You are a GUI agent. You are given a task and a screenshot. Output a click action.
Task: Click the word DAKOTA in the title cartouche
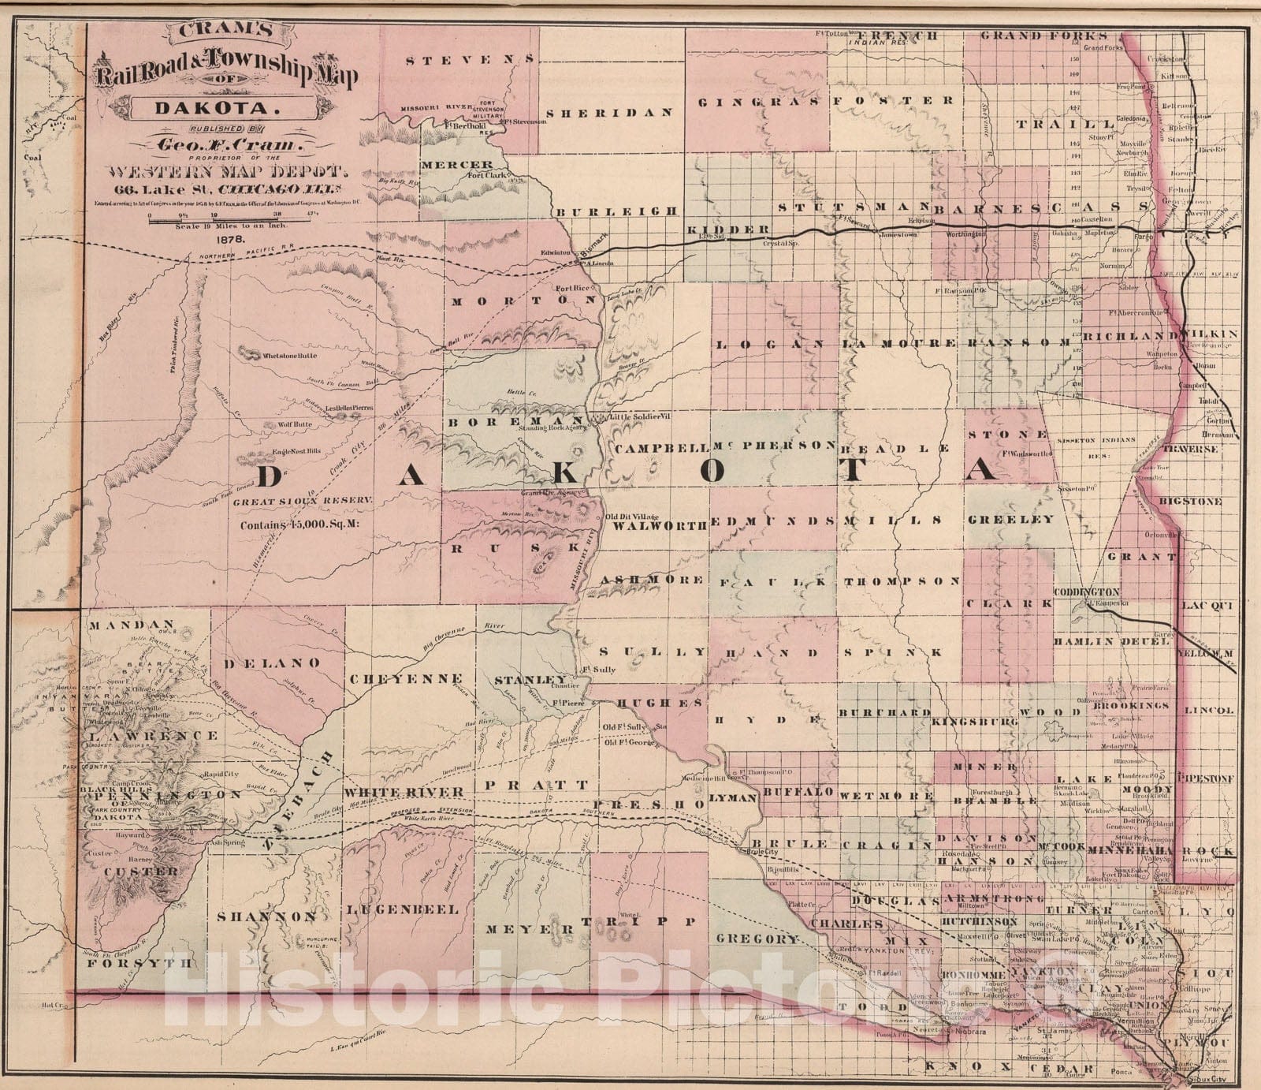(192, 106)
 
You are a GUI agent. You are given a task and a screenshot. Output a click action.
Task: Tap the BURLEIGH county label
(616, 211)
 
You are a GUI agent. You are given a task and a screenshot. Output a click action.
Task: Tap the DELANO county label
(273, 663)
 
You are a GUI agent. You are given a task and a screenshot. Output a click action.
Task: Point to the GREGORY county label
(757, 939)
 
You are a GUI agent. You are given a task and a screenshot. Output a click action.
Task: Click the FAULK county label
(776, 581)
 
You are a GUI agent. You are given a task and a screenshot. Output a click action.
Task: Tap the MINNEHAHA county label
(1133, 853)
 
